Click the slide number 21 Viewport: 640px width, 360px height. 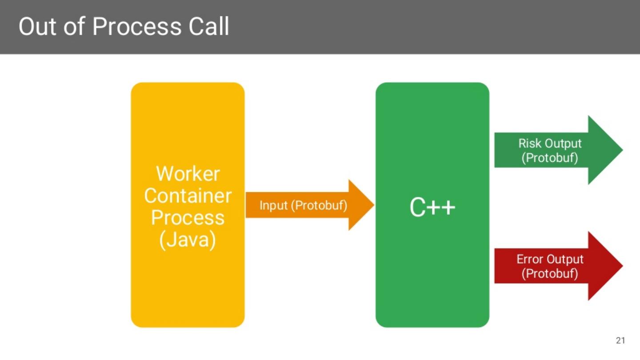pos(620,341)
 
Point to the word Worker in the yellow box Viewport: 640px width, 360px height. pos(188,174)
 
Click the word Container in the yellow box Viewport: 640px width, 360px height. pos(188,196)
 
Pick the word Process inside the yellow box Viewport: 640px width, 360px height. pos(188,218)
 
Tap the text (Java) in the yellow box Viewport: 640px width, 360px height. pos(188,240)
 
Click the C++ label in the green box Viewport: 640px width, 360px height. pos(432,208)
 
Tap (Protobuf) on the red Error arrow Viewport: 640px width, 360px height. pos(550,273)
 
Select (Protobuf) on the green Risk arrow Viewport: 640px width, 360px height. pos(550,158)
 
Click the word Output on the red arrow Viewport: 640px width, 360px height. pos(565,260)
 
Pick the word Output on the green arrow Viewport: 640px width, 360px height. pos(563,144)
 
